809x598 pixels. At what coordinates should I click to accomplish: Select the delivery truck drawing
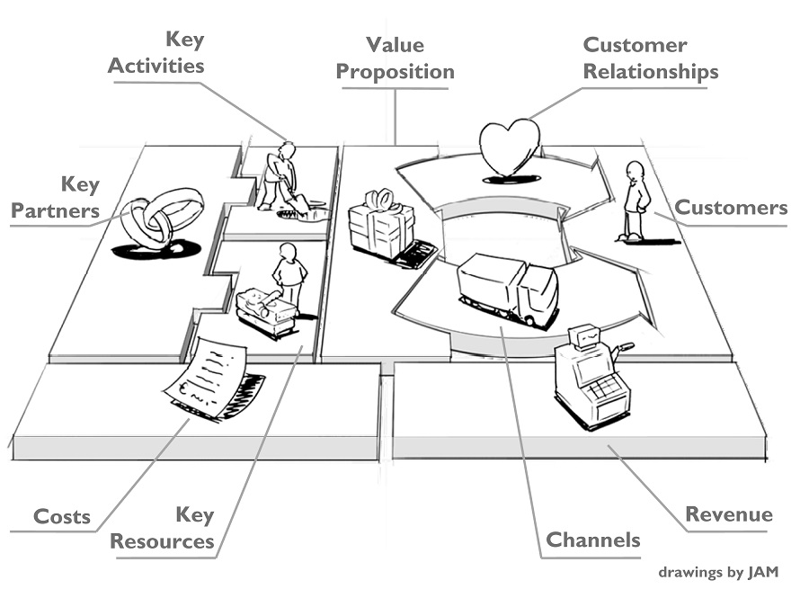click(x=508, y=288)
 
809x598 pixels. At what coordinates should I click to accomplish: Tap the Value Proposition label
click(x=396, y=58)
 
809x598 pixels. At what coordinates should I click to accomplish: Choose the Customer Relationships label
click(x=650, y=58)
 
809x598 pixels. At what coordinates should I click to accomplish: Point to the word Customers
click(x=730, y=208)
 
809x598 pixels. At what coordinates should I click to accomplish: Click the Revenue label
click(x=728, y=514)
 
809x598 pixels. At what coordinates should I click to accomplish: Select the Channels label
click(x=593, y=540)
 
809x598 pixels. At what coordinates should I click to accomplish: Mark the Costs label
click(x=62, y=517)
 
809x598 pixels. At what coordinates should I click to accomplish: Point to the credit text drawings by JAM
click(x=717, y=571)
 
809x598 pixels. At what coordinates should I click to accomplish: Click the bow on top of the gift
click(x=384, y=198)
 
